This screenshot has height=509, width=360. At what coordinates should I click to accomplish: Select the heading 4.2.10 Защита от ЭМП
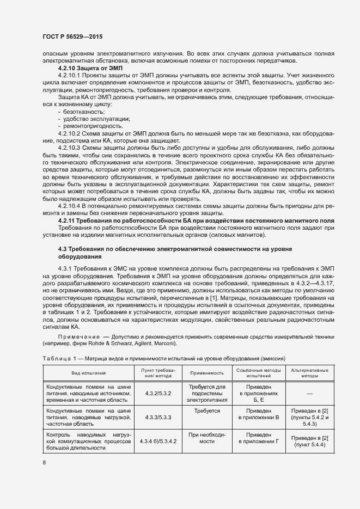[x=90, y=69]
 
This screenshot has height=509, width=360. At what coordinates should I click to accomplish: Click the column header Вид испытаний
[x=88, y=373]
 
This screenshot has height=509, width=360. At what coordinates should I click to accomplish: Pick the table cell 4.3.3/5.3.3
[x=158, y=417]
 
